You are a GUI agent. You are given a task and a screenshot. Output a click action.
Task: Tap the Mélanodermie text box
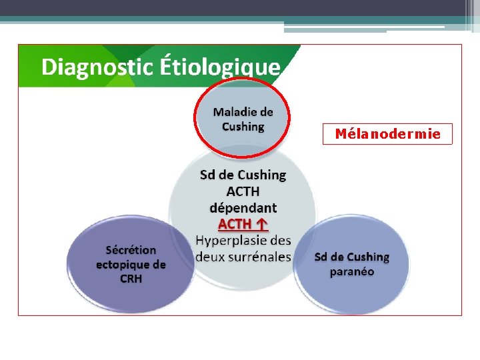387,134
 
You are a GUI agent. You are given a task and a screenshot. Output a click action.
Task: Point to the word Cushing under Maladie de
243,127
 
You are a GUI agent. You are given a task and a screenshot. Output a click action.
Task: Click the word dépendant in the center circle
243,207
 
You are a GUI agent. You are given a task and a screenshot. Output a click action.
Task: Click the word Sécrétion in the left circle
131,250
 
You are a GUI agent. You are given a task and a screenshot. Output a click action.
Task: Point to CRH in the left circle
131,279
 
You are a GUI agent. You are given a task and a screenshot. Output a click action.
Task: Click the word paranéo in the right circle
352,272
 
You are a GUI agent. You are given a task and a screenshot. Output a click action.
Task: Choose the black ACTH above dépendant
243,191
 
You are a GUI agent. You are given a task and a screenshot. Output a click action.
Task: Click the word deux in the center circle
208,256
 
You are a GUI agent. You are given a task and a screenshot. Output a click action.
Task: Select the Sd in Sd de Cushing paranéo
321,257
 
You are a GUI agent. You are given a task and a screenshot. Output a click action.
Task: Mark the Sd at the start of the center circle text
208,175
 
